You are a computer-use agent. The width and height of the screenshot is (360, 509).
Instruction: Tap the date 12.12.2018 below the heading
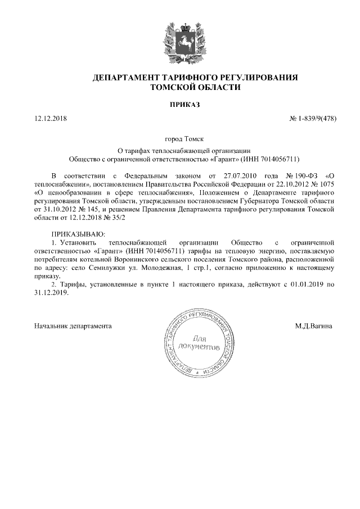coord(50,119)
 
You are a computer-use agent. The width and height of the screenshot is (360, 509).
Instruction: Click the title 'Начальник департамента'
coord(73,326)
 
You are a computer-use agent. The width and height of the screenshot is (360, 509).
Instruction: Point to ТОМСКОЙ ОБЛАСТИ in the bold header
coord(195,88)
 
